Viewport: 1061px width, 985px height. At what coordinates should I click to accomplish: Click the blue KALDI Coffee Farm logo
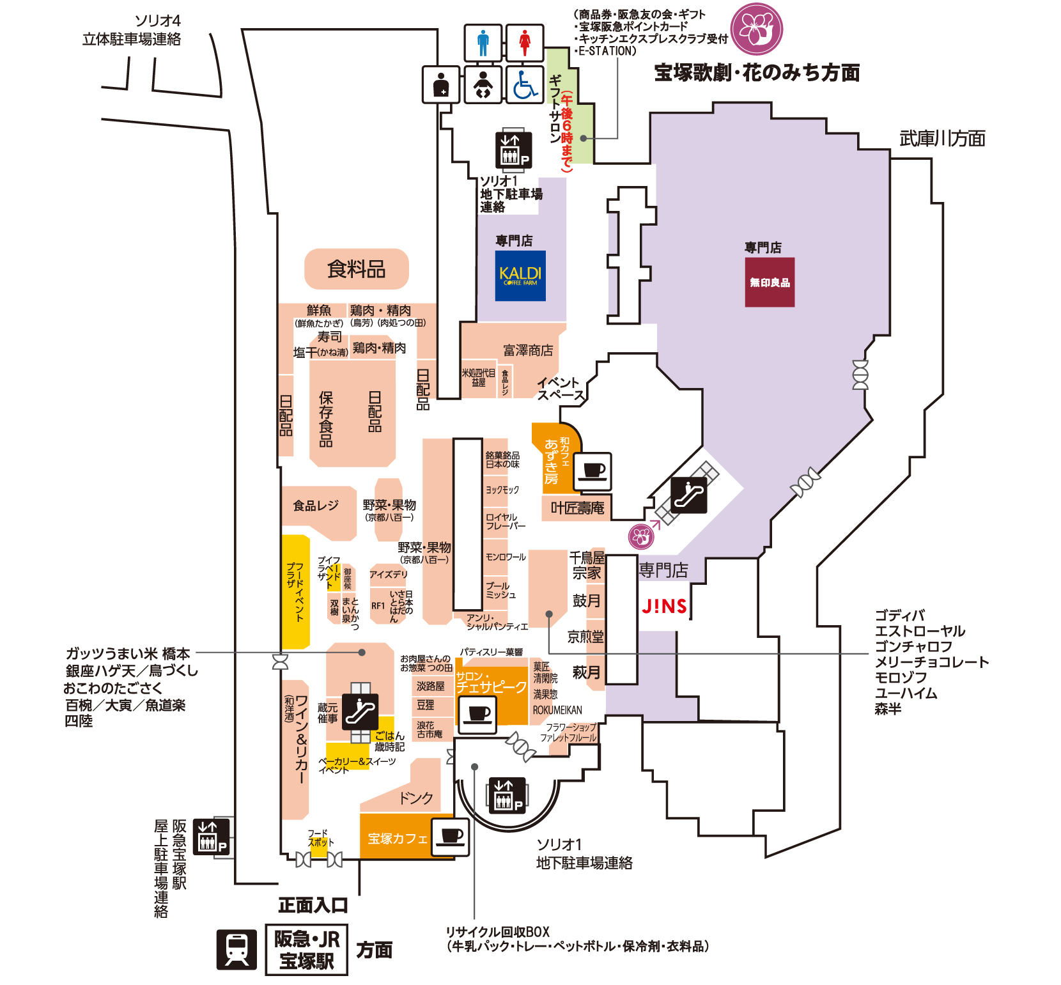coord(520,275)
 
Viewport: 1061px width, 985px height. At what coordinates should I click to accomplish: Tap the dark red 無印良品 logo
coord(770,282)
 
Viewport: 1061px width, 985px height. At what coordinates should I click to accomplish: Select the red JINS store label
coord(664,606)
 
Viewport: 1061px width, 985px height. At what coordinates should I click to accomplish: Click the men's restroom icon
coord(483,43)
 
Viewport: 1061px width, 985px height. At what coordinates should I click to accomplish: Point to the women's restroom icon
coord(525,43)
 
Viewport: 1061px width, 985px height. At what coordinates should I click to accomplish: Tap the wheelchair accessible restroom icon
coord(525,84)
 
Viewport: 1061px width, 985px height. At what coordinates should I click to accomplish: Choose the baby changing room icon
coord(483,84)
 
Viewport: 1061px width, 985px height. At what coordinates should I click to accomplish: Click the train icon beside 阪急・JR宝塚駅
coord(236,949)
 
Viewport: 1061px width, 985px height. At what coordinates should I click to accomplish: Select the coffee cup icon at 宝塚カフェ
coord(451,837)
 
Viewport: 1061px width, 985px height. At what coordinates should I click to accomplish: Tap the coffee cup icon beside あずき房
coord(593,472)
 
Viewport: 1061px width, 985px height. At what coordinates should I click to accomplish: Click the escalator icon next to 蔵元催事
coord(360,711)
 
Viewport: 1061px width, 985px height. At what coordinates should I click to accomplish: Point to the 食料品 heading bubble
coord(356,269)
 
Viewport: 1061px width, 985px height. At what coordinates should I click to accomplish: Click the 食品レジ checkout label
coord(316,506)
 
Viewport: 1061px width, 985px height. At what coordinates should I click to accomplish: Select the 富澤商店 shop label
coord(528,350)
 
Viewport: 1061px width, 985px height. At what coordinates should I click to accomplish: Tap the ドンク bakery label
coord(416,798)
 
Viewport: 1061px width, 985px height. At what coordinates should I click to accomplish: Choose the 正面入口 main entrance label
coord(313,904)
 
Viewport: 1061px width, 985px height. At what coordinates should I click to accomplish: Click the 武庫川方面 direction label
coord(942,138)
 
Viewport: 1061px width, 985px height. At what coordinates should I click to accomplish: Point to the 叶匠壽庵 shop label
coord(577,508)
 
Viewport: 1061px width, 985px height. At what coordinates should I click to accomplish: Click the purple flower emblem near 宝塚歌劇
coord(757,29)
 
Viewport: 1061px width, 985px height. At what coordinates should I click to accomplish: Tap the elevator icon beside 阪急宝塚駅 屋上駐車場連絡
coord(211,837)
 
